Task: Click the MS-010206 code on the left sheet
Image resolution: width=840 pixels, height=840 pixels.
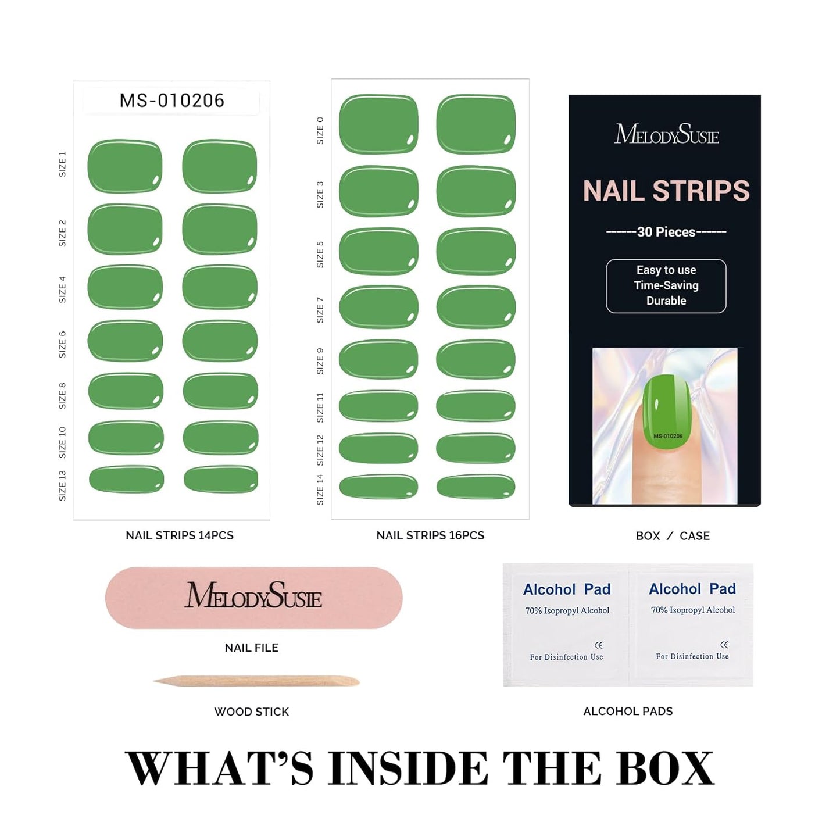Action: click(171, 101)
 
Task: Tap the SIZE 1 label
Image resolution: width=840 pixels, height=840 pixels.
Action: click(63, 165)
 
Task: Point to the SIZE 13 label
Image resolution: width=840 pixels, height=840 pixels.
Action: click(63, 485)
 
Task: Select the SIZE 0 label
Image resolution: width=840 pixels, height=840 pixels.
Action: click(320, 130)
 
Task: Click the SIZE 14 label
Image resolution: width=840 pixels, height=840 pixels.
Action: click(320, 489)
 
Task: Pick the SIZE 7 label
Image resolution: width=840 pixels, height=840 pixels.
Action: click(320, 310)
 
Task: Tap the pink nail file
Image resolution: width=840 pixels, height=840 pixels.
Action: click(253, 598)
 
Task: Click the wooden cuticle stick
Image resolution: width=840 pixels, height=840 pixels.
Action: click(256, 681)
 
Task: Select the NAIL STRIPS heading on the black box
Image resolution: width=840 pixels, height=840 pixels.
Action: click(666, 191)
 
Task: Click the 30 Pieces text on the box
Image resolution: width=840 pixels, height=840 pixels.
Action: click(666, 232)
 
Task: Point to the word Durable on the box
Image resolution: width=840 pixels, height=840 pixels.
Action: click(666, 301)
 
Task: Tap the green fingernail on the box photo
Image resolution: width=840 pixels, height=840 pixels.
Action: click(667, 412)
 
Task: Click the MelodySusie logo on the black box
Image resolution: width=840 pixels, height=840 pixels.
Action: click(667, 134)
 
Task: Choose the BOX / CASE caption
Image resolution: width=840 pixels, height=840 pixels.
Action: click(673, 536)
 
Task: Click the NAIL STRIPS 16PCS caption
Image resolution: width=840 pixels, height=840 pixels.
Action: click(430, 535)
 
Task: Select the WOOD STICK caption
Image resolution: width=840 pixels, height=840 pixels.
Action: click(252, 712)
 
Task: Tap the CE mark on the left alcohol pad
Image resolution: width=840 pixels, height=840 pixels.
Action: click(599, 645)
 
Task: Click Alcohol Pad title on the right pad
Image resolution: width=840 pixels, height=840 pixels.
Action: click(692, 589)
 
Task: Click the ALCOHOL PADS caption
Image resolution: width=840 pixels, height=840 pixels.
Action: click(628, 712)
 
